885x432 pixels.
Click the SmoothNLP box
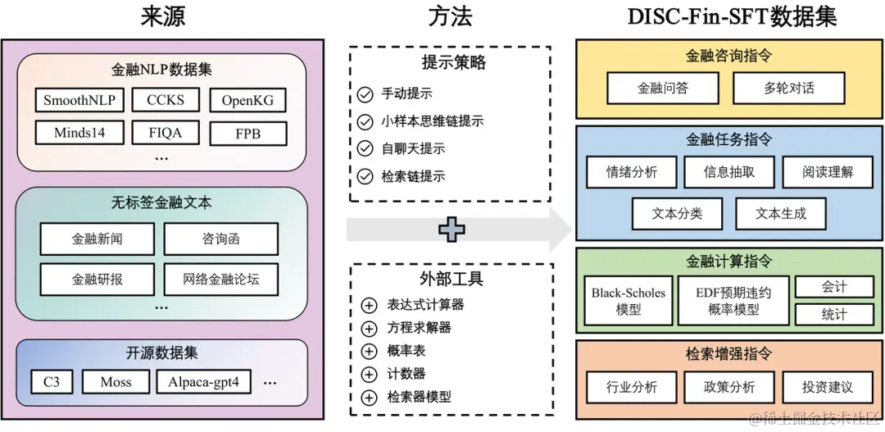pyautogui.click(x=79, y=101)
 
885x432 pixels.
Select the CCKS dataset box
pyautogui.click(x=166, y=101)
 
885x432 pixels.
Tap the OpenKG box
pyautogui.click(x=248, y=101)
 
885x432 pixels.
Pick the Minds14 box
pyautogui.click(x=79, y=132)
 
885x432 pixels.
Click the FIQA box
pyautogui.click(x=166, y=132)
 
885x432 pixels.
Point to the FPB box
pyautogui.click(x=248, y=133)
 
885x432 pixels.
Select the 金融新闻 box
pyautogui.click(x=97, y=239)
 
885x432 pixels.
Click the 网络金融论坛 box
pyautogui.click(x=221, y=279)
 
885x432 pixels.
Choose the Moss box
pyautogui.click(x=116, y=382)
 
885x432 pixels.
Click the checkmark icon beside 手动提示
pyautogui.click(x=365, y=93)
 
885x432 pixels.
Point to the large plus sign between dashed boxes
pyautogui.click(x=451, y=229)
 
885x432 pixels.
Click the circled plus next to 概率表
pyautogui.click(x=369, y=351)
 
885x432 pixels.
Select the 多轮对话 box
pyautogui.click(x=789, y=88)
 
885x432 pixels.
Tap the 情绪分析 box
pyautogui.click(x=632, y=172)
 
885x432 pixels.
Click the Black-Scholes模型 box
pyautogui.click(x=629, y=300)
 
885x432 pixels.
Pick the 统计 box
pyautogui.click(x=834, y=314)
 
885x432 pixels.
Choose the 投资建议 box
pyautogui.click(x=827, y=387)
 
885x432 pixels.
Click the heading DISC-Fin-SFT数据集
pyautogui.click(x=731, y=17)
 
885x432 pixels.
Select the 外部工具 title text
pyautogui.click(x=450, y=279)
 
